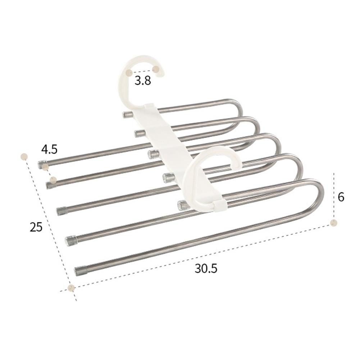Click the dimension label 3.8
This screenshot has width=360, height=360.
[x=143, y=81]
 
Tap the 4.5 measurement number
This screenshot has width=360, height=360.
[x=49, y=149]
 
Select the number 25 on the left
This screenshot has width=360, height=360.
[x=36, y=227]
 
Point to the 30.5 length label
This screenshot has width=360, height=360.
[x=206, y=268]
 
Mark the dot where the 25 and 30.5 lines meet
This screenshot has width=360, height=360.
[x=71, y=288]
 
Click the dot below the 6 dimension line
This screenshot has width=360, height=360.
[x=334, y=223]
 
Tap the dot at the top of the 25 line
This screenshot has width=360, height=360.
[x=24, y=156]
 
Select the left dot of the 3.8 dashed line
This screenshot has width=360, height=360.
[x=129, y=73]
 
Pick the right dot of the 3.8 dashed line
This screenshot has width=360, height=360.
[x=156, y=68]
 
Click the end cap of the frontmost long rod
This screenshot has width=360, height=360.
[x=80, y=271]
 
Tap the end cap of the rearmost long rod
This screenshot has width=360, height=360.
[x=42, y=164]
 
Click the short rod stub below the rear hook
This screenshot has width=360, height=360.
[x=127, y=115]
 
